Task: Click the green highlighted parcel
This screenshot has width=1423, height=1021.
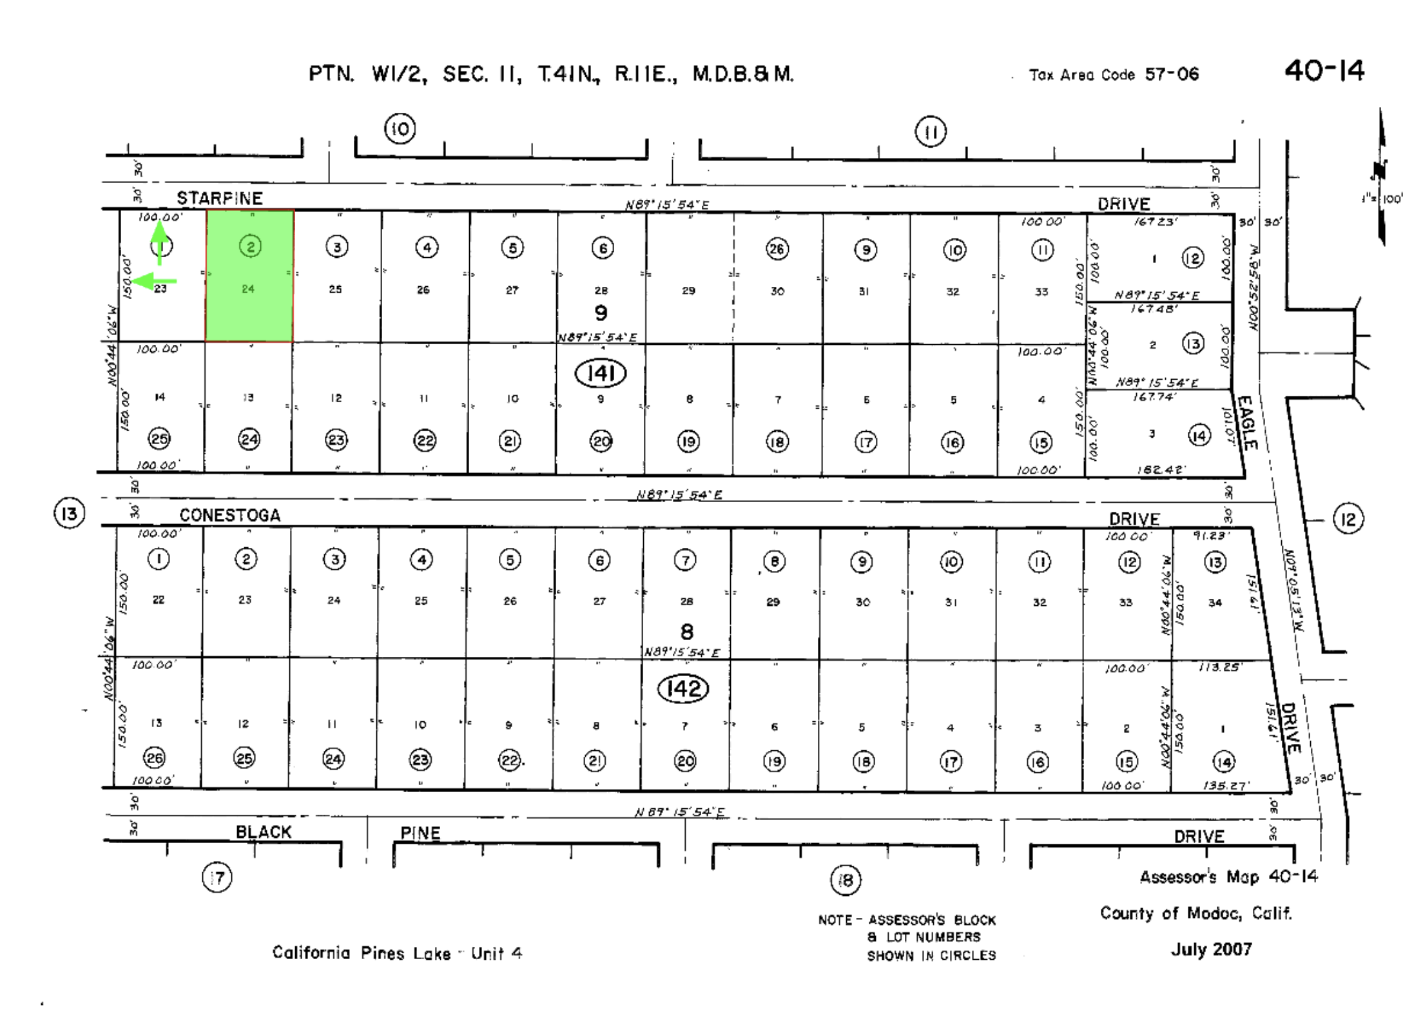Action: tap(249, 276)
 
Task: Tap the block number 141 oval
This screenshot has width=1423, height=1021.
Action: tap(600, 374)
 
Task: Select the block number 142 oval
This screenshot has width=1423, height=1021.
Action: tap(682, 689)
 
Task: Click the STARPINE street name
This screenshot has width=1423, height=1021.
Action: tap(220, 198)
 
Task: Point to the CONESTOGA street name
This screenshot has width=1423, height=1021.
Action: tap(229, 515)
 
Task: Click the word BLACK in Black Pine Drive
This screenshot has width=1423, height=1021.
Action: tap(264, 832)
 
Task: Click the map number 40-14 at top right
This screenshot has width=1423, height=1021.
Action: tap(1324, 71)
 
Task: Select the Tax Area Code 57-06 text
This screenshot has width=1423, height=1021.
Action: tap(1114, 75)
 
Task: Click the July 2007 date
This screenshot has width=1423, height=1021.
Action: tap(1211, 949)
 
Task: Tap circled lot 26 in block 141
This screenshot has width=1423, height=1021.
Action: tap(777, 249)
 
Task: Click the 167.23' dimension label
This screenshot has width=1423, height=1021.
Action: tap(1156, 222)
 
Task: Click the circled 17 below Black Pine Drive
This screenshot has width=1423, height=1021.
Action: tap(217, 877)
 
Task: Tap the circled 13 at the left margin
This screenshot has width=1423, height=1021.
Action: tap(69, 514)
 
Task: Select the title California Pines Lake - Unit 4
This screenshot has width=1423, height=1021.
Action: tap(397, 953)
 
